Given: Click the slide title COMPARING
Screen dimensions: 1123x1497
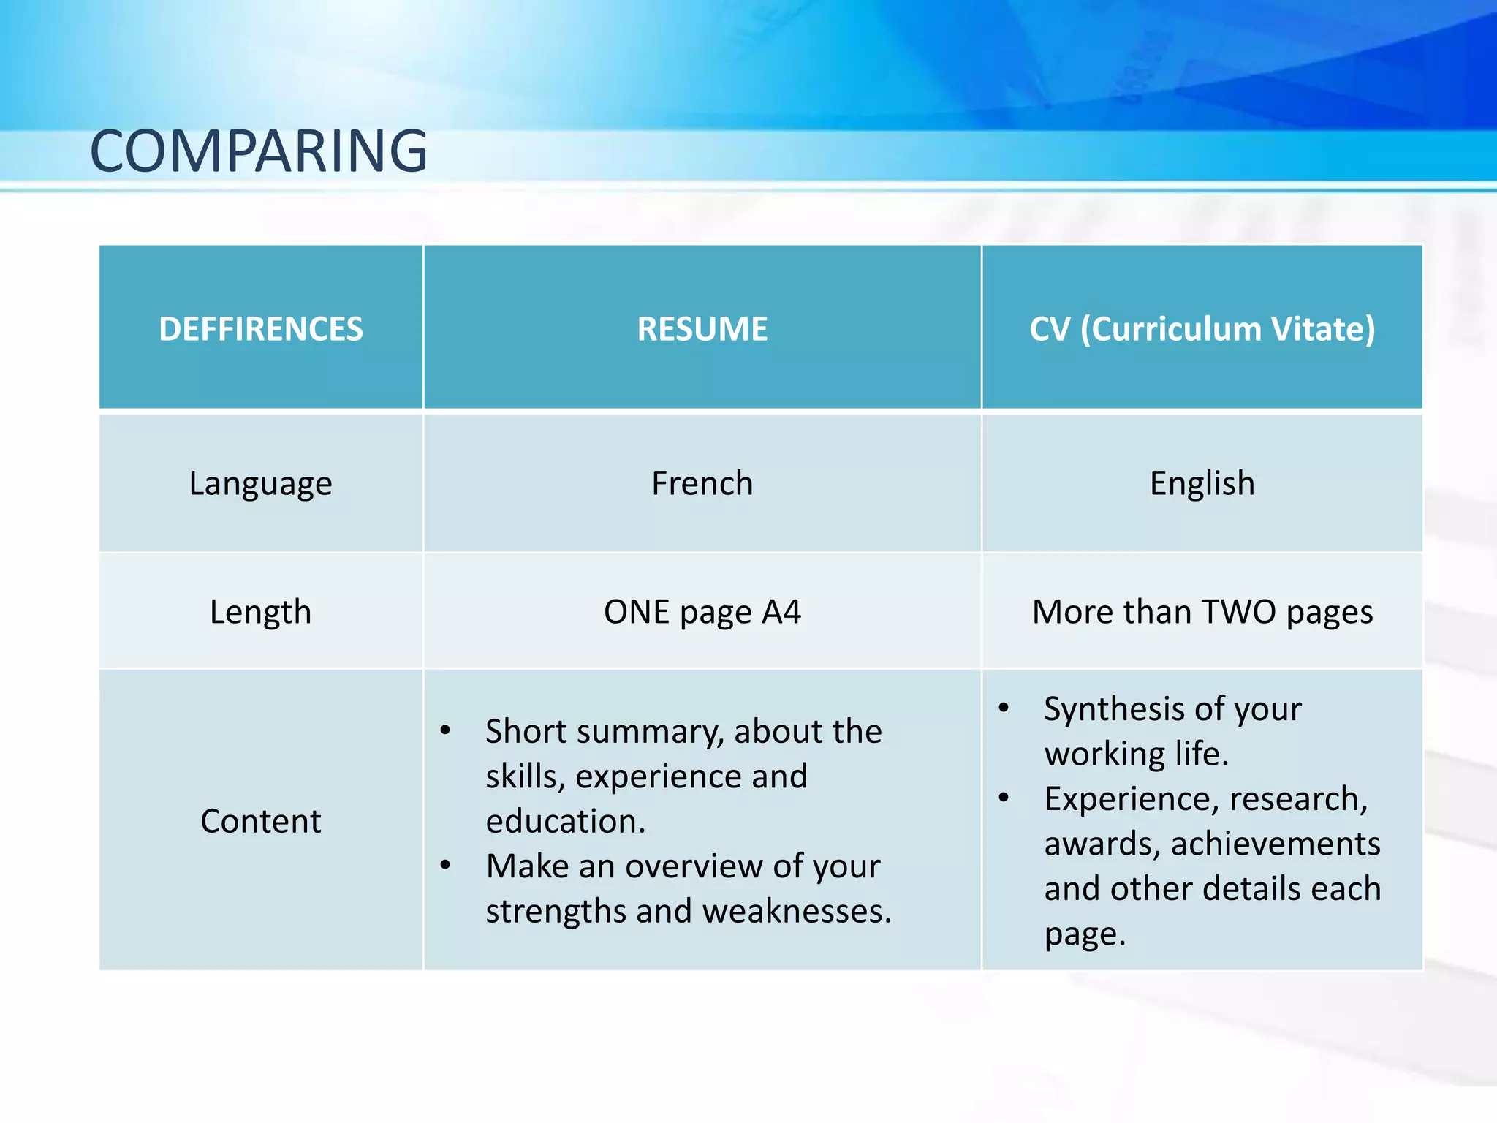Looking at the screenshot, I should point(259,151).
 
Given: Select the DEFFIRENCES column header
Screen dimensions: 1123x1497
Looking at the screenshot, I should point(261,329).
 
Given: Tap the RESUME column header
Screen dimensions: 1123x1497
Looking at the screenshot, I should point(702,329).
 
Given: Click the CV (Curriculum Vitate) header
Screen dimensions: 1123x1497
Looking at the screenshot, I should point(1202,329).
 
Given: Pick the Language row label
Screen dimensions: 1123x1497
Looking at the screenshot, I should point(261,483).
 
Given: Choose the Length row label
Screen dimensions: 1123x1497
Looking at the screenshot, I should point(261,612).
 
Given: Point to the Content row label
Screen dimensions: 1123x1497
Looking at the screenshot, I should point(261,821).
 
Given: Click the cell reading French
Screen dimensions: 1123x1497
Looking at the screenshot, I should point(702,483).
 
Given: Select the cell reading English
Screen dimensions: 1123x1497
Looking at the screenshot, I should point(1202,483).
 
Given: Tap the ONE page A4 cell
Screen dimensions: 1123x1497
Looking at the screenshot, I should point(702,612).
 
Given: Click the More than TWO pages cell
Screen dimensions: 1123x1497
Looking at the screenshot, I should point(1202,612).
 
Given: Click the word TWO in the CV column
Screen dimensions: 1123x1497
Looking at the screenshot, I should point(1238,612).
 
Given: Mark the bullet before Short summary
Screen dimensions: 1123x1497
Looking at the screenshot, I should point(445,730).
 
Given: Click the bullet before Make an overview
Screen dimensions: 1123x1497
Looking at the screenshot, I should point(445,865).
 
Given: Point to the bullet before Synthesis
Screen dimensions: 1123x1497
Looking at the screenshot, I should point(1004,707).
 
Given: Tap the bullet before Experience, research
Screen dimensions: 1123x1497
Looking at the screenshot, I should point(1004,797).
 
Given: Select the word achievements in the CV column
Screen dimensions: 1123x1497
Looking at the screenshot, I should point(1276,844).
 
